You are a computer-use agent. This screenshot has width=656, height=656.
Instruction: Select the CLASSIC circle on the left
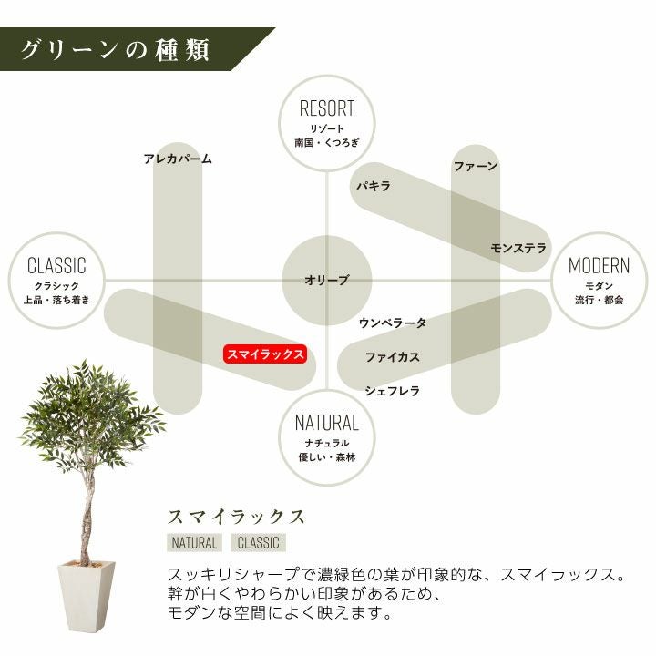coord(56,280)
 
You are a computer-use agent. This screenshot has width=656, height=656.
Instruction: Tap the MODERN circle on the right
coord(599,280)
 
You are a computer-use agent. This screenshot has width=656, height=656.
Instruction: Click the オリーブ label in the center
coord(326,281)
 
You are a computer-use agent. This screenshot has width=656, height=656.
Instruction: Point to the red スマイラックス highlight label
coord(265,354)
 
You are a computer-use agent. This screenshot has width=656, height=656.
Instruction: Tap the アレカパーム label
coord(178,159)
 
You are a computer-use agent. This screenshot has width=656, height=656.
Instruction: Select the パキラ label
coord(374,186)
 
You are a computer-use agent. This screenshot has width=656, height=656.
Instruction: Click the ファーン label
coord(476,167)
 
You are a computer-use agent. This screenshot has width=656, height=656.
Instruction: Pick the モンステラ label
coord(518,248)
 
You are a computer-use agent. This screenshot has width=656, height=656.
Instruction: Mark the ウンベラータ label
coord(392,323)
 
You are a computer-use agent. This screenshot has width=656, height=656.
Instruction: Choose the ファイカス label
coord(393,357)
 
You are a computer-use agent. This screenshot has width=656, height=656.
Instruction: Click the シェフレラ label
coord(393,391)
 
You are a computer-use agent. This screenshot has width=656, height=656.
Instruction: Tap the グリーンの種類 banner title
coord(116,49)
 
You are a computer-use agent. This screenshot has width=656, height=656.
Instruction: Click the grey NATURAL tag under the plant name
coord(194,543)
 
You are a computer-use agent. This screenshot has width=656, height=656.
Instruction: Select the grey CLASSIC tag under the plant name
coord(258,543)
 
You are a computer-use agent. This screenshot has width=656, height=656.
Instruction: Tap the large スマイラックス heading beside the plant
coord(236,517)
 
